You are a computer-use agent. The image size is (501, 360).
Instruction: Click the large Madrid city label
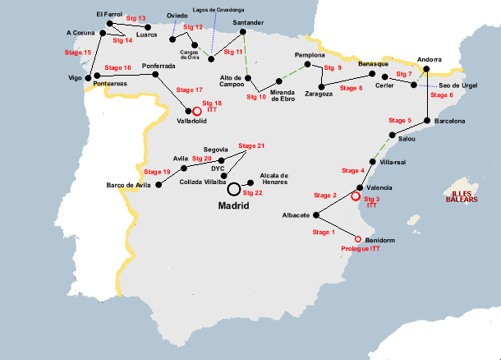pos(233,207)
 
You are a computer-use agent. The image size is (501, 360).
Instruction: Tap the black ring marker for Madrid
pos(235,189)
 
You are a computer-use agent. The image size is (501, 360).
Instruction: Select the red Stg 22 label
pos(252,192)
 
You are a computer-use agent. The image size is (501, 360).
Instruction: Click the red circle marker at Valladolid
pos(197,110)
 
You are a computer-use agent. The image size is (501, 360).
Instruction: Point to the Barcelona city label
pos(449,121)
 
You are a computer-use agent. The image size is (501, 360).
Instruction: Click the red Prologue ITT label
pos(359,248)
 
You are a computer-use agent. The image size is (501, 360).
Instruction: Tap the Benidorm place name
pos(376,240)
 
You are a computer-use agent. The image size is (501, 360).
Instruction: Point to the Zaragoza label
pos(318,95)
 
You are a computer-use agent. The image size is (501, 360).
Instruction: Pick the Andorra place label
pos(430,59)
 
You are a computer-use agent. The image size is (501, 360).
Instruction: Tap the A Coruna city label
pos(81,33)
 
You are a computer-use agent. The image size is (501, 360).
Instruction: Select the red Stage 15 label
pos(77,52)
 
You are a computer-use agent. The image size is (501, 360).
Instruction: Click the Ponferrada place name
pos(159,66)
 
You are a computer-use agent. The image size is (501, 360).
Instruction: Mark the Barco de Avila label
pos(129,185)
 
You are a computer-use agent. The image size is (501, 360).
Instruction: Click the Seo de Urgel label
pos(459,86)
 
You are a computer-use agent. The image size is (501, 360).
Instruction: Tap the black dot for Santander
pos(244,33)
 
